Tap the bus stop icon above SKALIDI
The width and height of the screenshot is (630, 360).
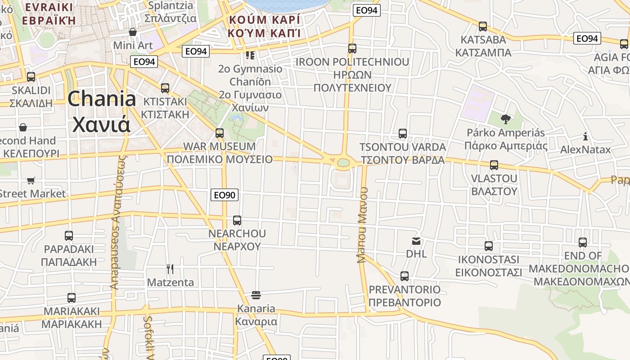click(x=31, y=77)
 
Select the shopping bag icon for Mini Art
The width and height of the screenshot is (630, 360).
click(x=132, y=32)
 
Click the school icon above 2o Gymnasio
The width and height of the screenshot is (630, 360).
click(x=250, y=55)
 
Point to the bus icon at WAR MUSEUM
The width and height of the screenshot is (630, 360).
click(x=219, y=133)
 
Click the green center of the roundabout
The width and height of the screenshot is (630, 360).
click(x=343, y=162)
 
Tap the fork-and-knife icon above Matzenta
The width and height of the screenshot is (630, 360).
click(x=170, y=269)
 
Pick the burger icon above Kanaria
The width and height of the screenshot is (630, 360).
click(x=256, y=295)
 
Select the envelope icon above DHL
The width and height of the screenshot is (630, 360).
click(x=416, y=241)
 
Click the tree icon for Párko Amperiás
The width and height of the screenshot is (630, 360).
click(x=505, y=119)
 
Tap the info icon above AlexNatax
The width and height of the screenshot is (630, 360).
click(x=585, y=136)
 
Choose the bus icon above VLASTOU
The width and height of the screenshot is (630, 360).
click(x=494, y=165)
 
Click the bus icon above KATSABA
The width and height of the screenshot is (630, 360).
click(x=483, y=27)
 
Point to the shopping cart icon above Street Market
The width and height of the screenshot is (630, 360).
click(x=31, y=180)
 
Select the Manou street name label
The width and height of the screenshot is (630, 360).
click(x=362, y=225)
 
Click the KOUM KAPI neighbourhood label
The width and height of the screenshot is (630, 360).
click(x=264, y=27)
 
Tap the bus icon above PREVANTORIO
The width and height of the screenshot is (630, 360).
click(x=405, y=276)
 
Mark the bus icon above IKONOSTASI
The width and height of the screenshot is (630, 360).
click(x=489, y=246)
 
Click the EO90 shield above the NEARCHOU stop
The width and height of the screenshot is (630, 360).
click(x=225, y=195)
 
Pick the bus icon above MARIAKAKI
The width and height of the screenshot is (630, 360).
click(x=71, y=298)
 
